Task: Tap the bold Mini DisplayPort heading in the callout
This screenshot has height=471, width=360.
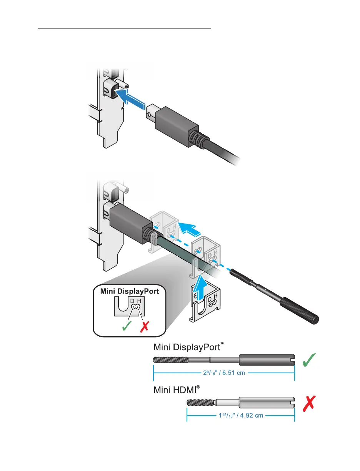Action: [x=130, y=291]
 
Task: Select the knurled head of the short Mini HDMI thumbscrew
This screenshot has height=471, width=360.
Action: [x=266, y=403]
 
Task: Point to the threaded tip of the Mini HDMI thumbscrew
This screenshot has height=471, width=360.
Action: [x=200, y=403]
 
